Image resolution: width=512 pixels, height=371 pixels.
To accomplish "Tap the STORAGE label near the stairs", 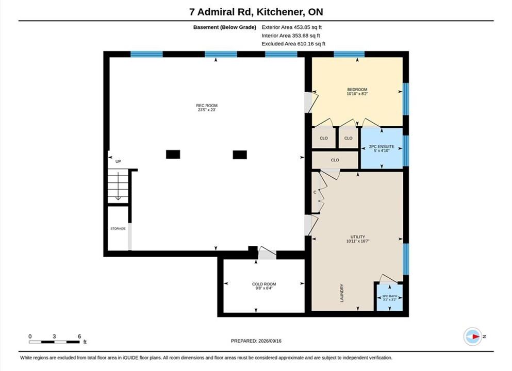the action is click(118, 228).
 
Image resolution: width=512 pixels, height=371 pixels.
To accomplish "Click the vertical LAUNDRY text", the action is click(342, 293).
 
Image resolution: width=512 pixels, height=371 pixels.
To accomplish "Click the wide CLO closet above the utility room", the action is click(335, 160).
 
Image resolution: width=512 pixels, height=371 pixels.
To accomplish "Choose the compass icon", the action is click(472, 336).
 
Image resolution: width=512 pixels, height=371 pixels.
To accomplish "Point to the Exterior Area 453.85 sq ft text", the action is click(292, 27).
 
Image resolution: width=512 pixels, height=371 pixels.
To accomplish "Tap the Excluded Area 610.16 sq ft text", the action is click(293, 44).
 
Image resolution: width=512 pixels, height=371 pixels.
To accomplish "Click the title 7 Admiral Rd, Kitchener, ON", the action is click(256, 12).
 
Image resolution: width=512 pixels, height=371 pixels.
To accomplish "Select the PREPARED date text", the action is click(256, 341).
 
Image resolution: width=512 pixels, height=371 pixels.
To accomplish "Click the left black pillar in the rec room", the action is click(173, 155).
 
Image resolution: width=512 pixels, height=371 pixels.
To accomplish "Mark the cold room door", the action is click(268, 252).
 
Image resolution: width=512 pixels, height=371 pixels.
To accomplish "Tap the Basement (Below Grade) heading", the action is click(225, 27).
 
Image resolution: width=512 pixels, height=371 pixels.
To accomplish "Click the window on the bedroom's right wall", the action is click(406, 99).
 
